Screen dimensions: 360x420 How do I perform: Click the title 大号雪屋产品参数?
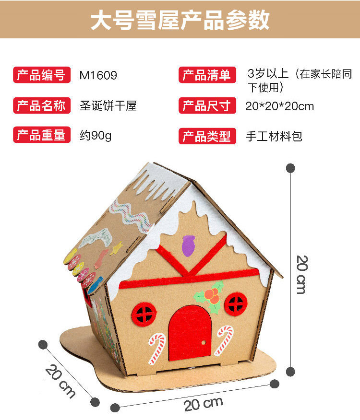click(180, 20)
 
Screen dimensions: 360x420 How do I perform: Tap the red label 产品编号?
click(41, 75)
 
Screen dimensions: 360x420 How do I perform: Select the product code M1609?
click(98, 75)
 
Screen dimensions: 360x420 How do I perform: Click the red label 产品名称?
click(41, 105)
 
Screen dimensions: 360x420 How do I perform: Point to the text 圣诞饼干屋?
click(108, 105)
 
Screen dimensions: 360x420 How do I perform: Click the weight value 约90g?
click(95, 136)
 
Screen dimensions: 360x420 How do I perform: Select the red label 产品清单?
click(207, 75)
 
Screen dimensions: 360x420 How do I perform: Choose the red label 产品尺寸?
click(207, 105)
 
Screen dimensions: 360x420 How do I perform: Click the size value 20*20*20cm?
click(279, 106)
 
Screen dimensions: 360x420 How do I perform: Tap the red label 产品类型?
click(207, 136)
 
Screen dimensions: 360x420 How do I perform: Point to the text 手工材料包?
click(274, 136)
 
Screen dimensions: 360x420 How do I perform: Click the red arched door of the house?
click(190, 331)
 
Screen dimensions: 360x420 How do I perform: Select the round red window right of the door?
click(236, 303)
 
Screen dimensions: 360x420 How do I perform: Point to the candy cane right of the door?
click(223, 340)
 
